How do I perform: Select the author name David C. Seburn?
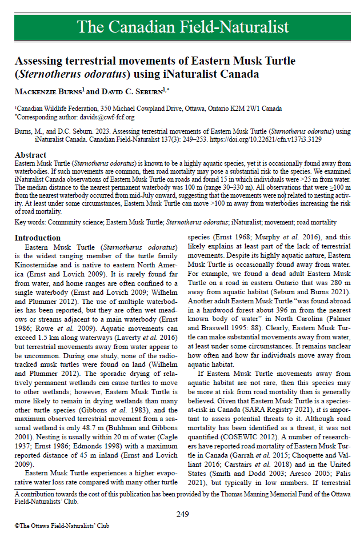click(x=131, y=90)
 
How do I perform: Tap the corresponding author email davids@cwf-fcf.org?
click(x=107, y=117)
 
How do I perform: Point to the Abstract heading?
click(x=31, y=155)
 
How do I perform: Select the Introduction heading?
click(x=38, y=238)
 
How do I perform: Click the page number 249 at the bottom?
click(x=182, y=514)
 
